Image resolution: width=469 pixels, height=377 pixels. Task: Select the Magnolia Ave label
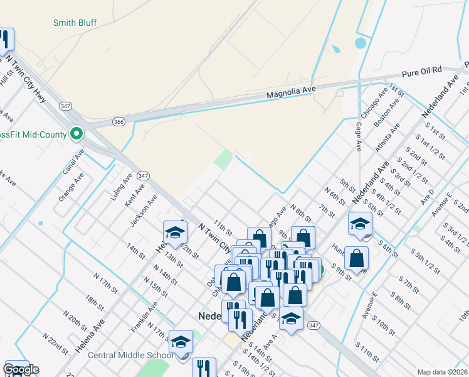289,93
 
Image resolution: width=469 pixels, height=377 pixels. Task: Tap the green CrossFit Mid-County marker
76,134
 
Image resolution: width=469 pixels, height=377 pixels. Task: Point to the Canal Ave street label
73,162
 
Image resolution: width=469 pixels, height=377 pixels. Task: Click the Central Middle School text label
130,355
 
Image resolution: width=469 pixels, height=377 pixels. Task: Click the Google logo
21,369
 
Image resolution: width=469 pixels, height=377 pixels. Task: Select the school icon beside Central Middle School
181,344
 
